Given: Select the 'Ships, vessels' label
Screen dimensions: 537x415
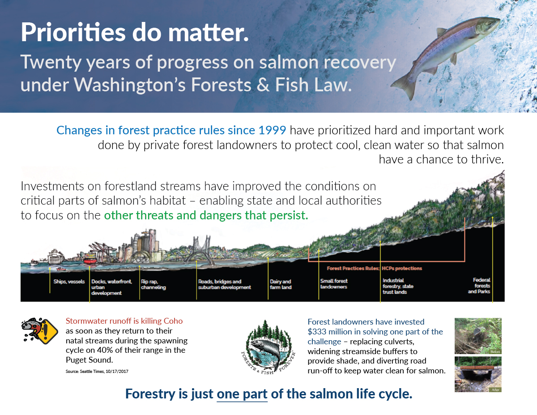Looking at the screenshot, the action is (69, 282).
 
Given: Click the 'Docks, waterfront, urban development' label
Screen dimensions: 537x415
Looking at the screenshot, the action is (111, 287).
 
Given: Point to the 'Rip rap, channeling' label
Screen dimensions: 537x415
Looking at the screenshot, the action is (153, 284).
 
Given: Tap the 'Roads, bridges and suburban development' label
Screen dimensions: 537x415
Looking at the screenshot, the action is (224, 284).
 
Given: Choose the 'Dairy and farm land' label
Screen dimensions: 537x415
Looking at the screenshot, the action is (281, 284).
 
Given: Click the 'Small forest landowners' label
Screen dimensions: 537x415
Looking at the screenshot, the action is (334, 284).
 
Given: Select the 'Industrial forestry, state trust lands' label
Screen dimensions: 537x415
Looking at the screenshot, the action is (398, 286).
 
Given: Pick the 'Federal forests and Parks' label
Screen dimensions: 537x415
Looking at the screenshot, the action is (479, 286).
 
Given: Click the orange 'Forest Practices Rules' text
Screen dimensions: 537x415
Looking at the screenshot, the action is (353, 269).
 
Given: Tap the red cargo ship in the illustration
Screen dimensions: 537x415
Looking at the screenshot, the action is (90, 259).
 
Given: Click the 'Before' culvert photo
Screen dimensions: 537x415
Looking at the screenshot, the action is (478, 336).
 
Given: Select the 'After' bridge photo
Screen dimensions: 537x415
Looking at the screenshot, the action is (478, 374).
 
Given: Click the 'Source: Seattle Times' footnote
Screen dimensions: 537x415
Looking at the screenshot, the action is (97, 371).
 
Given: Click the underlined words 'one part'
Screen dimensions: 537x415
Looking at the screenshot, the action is (242, 394).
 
